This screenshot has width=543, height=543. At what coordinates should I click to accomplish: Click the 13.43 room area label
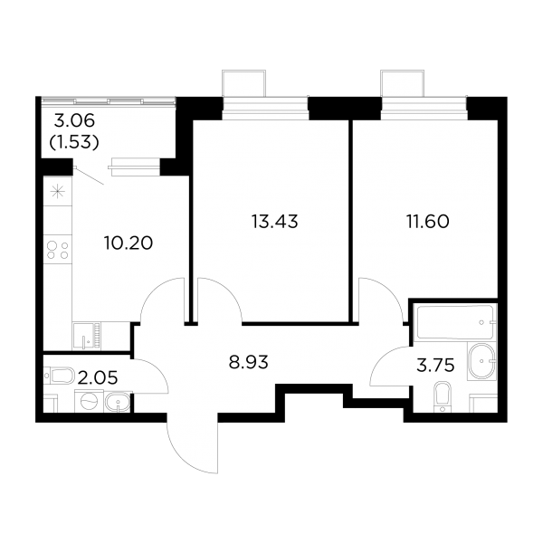pyautogui.click(x=274, y=222)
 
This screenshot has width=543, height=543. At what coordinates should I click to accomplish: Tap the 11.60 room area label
pyautogui.click(x=428, y=222)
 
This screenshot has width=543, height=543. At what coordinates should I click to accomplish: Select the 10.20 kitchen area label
pyautogui.click(x=129, y=243)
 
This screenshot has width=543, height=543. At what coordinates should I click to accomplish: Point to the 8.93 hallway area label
pyautogui.click(x=249, y=363)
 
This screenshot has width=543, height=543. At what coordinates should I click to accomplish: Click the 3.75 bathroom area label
pyautogui.click(x=435, y=366)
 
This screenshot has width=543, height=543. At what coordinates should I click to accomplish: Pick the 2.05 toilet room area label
pyautogui.click(x=98, y=377)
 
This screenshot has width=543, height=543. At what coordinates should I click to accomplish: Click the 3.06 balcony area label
pyautogui.click(x=74, y=121)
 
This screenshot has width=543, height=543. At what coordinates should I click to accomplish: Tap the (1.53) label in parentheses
pyautogui.click(x=74, y=142)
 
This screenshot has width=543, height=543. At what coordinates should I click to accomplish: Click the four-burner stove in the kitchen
pyautogui.click(x=58, y=251)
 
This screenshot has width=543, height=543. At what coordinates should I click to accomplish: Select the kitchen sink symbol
pyautogui.click(x=86, y=336)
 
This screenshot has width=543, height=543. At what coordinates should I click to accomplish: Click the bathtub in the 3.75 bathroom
pyautogui.click(x=455, y=322)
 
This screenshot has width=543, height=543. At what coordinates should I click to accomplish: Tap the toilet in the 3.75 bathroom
pyautogui.click(x=442, y=397)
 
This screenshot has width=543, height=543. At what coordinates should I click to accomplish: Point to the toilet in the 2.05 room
pyautogui.click(x=59, y=376)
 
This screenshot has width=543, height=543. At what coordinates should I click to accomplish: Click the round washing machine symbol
pyautogui.click(x=89, y=401)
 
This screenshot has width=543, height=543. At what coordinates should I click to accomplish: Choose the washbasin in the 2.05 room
pyautogui.click(x=118, y=402)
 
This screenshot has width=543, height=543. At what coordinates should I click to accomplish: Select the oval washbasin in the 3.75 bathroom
pyautogui.click(x=481, y=361)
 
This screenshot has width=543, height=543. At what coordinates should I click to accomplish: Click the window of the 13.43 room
pyautogui.click(x=265, y=109)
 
